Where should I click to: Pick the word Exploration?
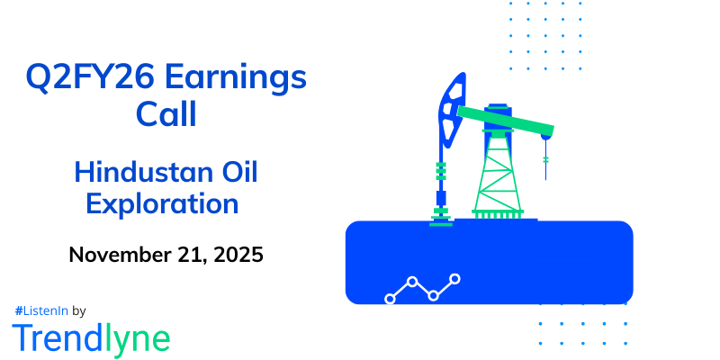(x=162, y=203)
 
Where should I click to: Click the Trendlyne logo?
(x=90, y=337)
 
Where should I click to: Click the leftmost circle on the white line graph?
(x=391, y=298)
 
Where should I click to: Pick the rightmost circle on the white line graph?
(x=455, y=279)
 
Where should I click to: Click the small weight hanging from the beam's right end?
(x=545, y=162)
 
